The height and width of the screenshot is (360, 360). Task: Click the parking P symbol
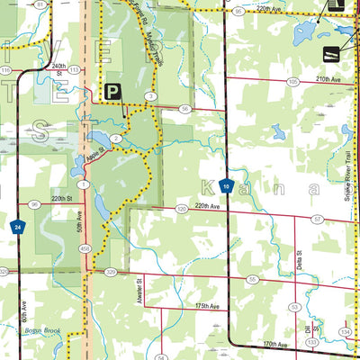112,91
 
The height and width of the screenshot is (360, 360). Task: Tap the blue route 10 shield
226,186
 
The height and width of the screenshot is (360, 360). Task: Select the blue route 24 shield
16,229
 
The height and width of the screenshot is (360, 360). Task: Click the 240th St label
59,67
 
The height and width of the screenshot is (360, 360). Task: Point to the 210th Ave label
328,79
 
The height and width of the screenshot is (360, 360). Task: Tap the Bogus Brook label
43,331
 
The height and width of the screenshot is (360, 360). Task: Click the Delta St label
299,262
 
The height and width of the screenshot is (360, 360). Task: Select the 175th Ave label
208,306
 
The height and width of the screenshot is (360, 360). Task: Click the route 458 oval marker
85,248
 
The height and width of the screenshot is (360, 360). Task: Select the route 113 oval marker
75,68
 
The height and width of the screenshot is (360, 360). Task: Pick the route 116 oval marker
5,69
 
